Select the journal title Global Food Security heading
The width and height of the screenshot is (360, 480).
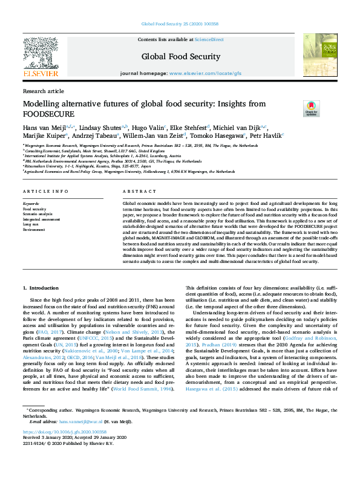[180, 57]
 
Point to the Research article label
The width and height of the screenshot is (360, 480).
[43, 91]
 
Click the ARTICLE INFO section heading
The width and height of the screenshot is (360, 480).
[45, 191]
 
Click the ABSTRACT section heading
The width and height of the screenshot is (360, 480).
[135, 191]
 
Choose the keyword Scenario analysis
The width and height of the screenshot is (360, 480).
[38, 214]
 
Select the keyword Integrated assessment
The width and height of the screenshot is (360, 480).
[41, 219]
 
